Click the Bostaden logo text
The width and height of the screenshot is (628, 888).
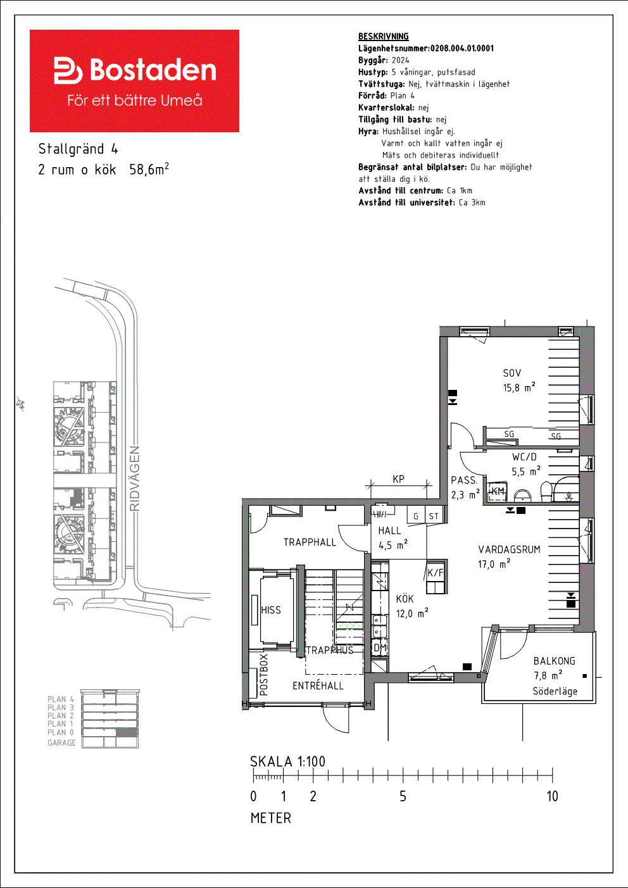click(153, 70)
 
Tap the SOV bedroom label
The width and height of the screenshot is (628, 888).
click(512, 373)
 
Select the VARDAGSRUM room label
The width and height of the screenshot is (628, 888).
click(509, 549)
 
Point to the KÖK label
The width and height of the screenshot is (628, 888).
click(405, 598)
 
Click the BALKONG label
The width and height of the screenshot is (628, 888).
click(554, 661)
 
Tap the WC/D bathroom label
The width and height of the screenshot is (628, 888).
click(524, 457)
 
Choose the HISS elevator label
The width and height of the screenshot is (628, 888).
click(271, 610)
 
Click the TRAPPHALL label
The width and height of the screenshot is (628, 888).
click(310, 542)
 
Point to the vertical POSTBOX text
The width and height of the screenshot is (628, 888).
click(263, 675)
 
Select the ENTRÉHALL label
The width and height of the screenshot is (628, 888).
click(318, 685)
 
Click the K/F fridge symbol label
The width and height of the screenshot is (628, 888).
click(435, 572)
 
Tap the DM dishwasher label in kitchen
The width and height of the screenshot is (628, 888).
click(380, 647)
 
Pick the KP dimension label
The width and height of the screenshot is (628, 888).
click(398, 479)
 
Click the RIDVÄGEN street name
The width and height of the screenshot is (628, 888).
click(135, 478)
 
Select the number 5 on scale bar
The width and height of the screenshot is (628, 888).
click(403, 796)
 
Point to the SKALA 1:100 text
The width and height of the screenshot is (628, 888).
click(287, 761)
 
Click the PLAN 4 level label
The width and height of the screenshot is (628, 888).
click(61, 699)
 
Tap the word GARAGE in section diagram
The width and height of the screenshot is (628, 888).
click(61, 742)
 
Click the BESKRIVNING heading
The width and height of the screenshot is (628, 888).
click(384, 37)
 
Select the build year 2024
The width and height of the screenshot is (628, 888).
click(401, 60)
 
